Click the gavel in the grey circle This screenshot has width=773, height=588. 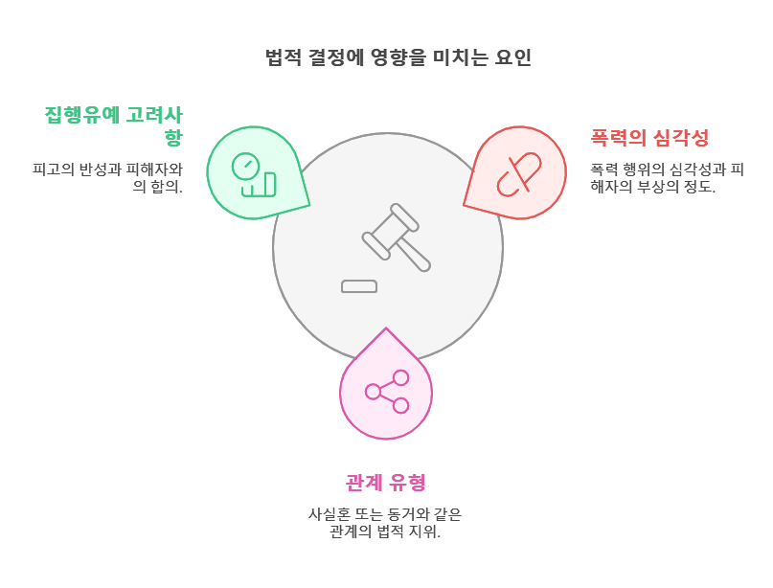pos(397,237)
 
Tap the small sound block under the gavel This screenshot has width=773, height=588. pos(359,286)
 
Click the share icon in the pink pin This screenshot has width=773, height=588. pos(387,391)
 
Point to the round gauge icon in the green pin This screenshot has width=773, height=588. pos(245,166)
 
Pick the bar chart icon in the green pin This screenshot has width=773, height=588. pos(260,185)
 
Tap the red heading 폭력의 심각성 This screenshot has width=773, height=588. pos(649,138)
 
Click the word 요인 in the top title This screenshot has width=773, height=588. pos(513,57)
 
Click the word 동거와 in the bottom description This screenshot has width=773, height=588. pos(407,514)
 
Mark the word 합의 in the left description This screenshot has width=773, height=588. pos(165,187)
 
